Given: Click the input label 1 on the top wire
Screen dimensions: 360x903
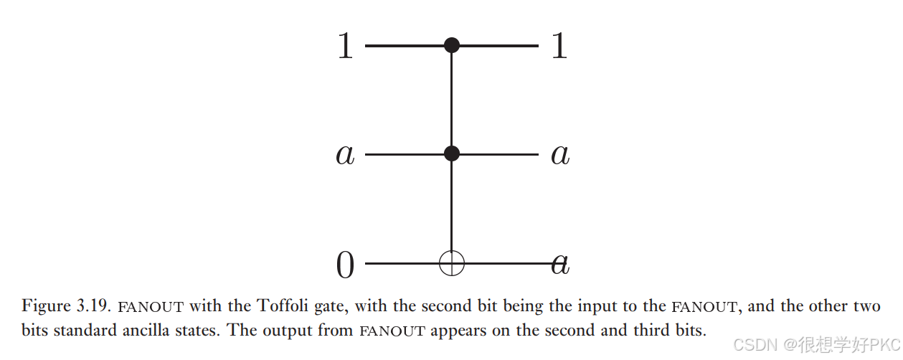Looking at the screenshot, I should (346, 47).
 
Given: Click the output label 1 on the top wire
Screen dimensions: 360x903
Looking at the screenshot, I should (559, 47).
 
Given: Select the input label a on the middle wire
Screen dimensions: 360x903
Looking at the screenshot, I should (345, 155).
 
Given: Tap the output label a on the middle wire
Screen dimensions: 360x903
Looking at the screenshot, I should (560, 155).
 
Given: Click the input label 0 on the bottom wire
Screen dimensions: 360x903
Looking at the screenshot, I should (346, 266).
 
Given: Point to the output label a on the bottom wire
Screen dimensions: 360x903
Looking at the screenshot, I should (560, 265).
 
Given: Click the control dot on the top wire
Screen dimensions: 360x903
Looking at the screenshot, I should (451, 46).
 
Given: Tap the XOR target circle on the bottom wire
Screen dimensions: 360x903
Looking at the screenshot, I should (451, 264).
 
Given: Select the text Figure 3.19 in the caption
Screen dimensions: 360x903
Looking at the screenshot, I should (64, 306).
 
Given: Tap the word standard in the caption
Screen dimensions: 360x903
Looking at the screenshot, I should (77, 331).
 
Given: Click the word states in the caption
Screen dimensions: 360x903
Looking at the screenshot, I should (179, 331).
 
